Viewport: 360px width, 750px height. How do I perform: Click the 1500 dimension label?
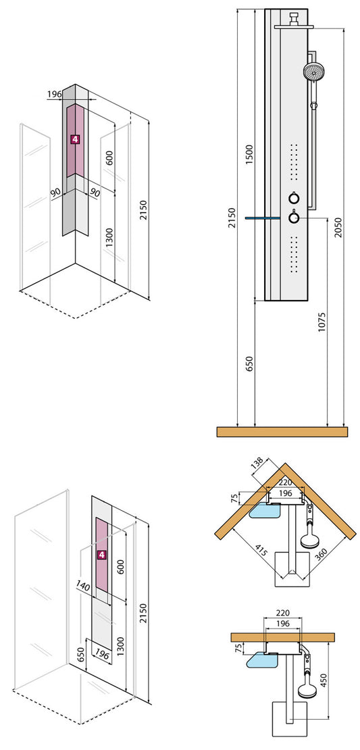pos(249,155)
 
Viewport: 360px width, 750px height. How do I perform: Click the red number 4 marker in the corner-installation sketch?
pos(76,139)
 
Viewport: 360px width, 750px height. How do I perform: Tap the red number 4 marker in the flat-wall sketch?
pos(102,555)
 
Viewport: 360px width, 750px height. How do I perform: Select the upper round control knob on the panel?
pos(294,198)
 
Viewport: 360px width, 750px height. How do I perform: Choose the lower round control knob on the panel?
pos(294,218)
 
